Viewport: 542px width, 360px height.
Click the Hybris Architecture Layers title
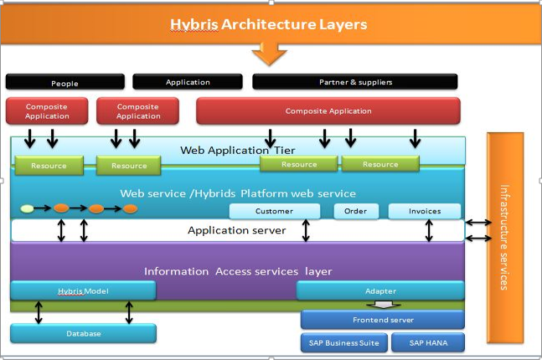tap(269, 24)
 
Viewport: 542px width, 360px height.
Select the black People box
tap(65, 82)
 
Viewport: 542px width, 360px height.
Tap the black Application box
tap(187, 82)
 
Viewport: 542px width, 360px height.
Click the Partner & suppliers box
tap(355, 82)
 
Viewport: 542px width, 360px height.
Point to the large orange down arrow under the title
tap(269, 54)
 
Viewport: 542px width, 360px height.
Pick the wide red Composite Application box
tap(328, 111)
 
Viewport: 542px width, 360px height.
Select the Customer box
tap(275, 211)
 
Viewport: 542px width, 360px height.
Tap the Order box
tap(356, 211)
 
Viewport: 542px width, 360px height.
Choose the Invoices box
tap(426, 211)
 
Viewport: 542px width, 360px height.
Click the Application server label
tap(236, 230)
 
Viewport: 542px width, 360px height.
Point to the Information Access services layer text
tap(238, 270)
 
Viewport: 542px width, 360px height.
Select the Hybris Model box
tap(83, 291)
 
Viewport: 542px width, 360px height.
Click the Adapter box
tap(380, 291)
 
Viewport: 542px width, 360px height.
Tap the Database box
tap(83, 333)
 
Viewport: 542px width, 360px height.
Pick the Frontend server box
tap(382, 320)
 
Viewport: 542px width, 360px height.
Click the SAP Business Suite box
tap(343, 342)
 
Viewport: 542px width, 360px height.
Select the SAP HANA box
tap(428, 342)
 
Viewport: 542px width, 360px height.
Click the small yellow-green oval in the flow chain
tap(27, 208)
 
